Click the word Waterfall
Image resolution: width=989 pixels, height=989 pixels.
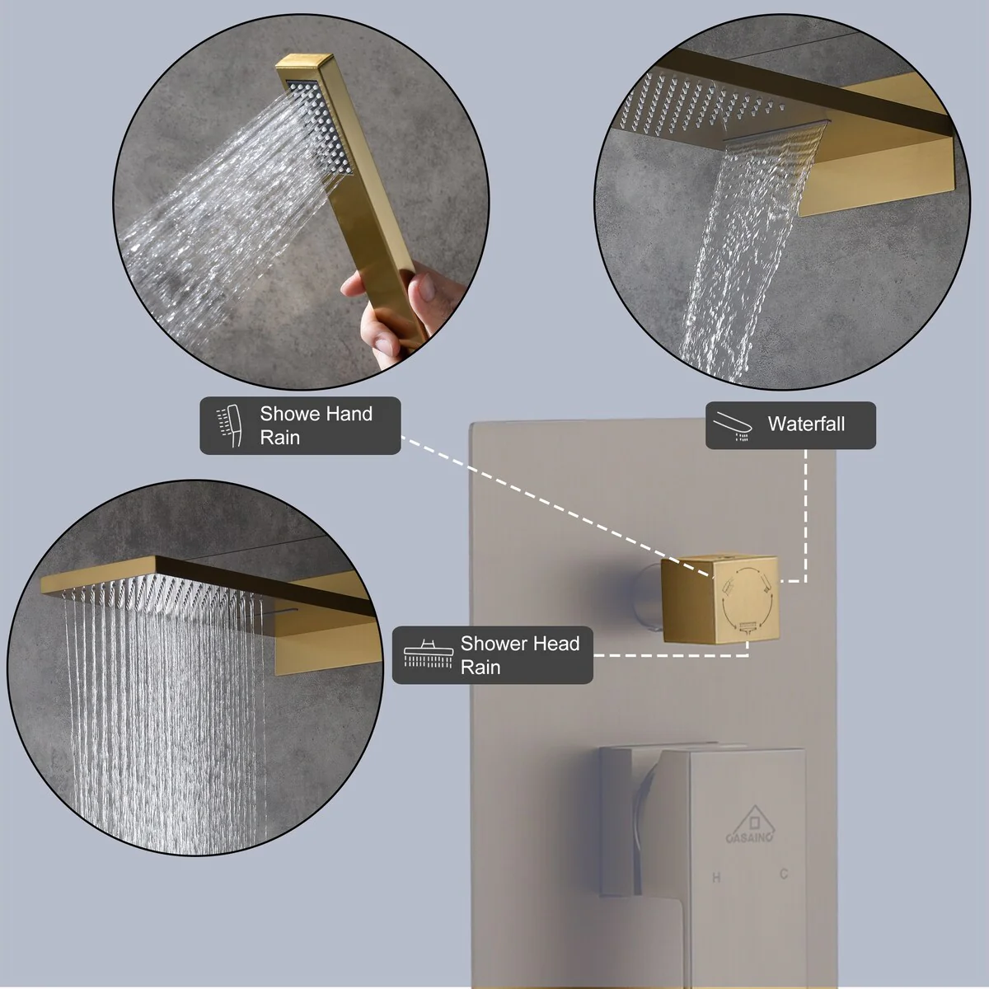coord(806,424)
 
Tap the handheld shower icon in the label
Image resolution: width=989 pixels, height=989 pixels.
coord(229,425)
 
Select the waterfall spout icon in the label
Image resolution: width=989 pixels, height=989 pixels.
coord(734,425)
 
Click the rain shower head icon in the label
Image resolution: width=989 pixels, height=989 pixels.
coord(428,654)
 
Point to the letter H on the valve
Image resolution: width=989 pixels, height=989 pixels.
coord(716,878)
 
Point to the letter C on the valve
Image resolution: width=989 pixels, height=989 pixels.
coord(784,874)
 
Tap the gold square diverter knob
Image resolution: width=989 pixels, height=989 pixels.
coord(719,599)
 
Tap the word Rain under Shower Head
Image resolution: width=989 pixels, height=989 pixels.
coord(480,668)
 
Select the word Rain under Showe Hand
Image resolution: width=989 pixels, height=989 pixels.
coord(279,438)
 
